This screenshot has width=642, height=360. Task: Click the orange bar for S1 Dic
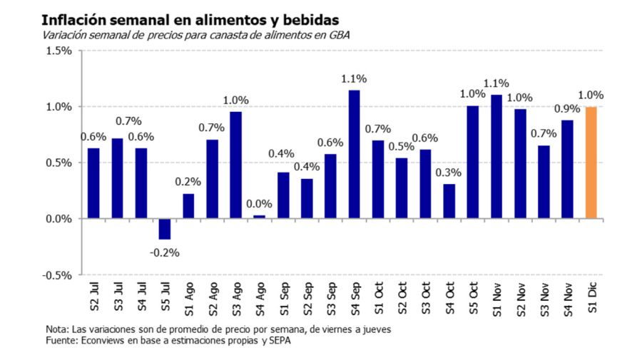click(x=591, y=163)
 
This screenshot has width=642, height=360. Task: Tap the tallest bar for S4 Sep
click(x=354, y=154)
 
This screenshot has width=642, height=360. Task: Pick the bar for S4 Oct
click(x=449, y=201)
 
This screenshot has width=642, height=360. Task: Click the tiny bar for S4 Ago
click(x=259, y=217)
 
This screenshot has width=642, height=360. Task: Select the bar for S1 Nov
click(x=496, y=156)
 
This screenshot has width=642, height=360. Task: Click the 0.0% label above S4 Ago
click(x=260, y=204)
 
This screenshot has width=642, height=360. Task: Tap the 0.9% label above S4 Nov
click(x=567, y=109)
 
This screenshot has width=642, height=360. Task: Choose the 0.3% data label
click(x=449, y=172)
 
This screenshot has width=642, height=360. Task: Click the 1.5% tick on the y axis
click(x=59, y=51)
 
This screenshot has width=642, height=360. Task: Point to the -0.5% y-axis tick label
click(x=58, y=275)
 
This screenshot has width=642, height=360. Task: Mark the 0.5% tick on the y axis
click(x=59, y=163)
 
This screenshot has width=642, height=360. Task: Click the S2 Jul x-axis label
click(x=94, y=298)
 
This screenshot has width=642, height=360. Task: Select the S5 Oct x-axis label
click(x=472, y=298)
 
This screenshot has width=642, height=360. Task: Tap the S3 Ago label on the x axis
click(x=235, y=298)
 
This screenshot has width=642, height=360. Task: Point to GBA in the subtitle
click(x=340, y=34)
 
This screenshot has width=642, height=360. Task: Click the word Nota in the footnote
click(x=56, y=329)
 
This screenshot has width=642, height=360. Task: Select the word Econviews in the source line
click(x=104, y=341)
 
